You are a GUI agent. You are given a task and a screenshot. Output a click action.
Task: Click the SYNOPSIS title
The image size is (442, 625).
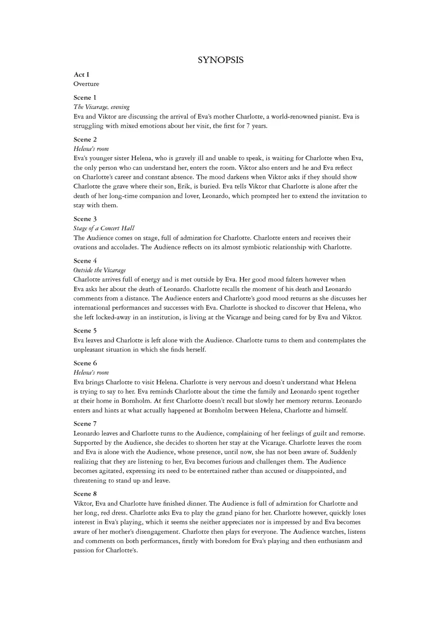(x=221, y=60)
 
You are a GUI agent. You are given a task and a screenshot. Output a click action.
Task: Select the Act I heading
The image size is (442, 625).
(x=82, y=75)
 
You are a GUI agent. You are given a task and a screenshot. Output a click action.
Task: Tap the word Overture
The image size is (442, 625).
(x=86, y=84)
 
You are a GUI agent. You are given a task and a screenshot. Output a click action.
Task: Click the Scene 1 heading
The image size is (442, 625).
(x=85, y=98)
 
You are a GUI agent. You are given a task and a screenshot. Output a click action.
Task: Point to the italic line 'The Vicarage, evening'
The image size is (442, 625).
(x=102, y=107)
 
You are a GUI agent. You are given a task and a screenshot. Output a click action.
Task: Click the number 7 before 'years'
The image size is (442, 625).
(x=249, y=126)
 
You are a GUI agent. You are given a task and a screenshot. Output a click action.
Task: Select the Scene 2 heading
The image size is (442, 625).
(x=85, y=139)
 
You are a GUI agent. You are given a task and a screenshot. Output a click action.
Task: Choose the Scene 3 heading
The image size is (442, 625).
(x=85, y=219)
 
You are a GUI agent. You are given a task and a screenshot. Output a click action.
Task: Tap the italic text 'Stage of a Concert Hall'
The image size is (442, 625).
(x=104, y=228)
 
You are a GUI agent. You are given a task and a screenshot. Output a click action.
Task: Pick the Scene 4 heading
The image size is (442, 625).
(x=85, y=261)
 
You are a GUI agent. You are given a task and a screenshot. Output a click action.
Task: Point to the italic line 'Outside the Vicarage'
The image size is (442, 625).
(x=100, y=270)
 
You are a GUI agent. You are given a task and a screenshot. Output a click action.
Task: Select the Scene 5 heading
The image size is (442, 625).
(x=85, y=331)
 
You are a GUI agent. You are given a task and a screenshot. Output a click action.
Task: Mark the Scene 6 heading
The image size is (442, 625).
(x=85, y=363)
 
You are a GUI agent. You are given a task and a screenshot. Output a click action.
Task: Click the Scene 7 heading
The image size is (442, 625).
(x=85, y=424)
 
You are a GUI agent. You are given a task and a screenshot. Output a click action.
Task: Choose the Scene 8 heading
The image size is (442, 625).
(x=85, y=494)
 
